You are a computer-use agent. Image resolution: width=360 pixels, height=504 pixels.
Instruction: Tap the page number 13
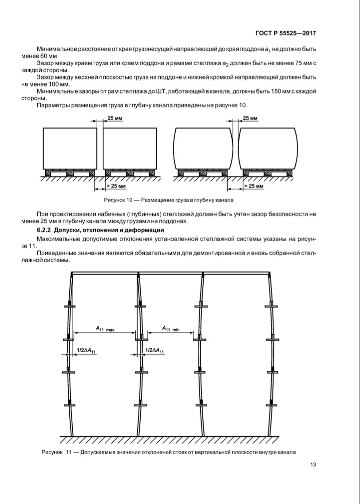point(312,465)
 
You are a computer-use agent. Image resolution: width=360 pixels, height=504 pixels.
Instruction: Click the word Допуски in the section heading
point(72,231)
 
